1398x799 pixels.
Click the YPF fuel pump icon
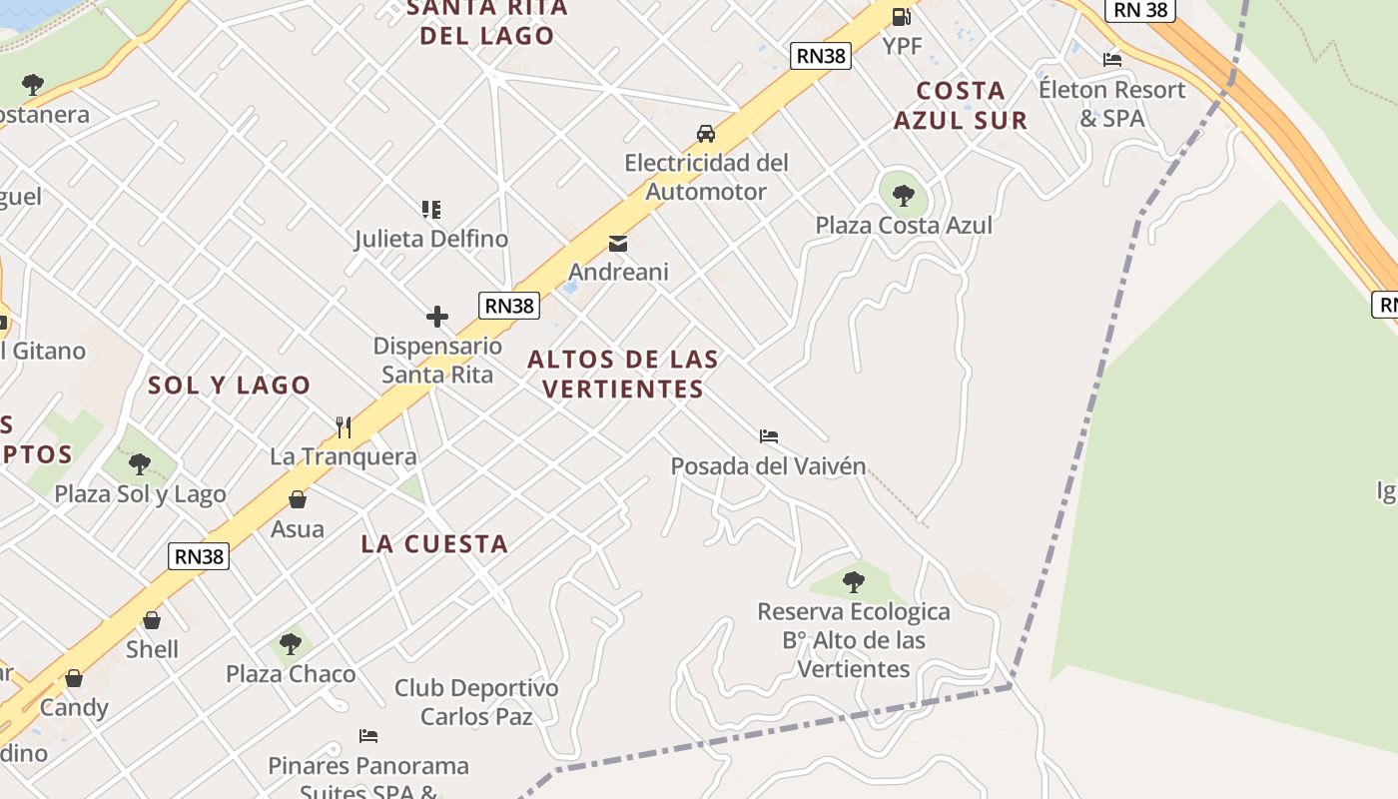(x=901, y=16)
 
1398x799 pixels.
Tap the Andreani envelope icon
(x=618, y=243)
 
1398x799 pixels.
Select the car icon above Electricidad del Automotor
(x=706, y=134)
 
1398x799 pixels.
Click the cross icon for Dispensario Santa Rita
(x=437, y=318)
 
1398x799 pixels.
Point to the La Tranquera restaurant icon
(x=344, y=427)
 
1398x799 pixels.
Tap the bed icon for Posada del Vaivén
(x=769, y=436)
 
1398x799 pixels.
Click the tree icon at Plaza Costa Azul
(x=904, y=195)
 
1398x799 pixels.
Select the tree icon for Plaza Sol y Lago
(x=140, y=464)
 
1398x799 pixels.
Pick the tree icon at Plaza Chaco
(x=291, y=644)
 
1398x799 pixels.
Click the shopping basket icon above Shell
(x=152, y=620)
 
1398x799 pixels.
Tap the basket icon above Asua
(x=298, y=499)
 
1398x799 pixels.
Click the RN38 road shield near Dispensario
(x=509, y=306)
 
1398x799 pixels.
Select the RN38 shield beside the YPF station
(x=821, y=56)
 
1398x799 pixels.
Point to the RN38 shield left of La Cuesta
(x=200, y=556)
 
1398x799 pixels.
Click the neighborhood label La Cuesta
(x=434, y=544)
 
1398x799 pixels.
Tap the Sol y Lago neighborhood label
(x=230, y=386)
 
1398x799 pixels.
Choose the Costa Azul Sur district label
(x=961, y=105)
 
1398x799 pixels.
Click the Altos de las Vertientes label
(x=623, y=374)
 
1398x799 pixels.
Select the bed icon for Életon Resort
(x=1112, y=59)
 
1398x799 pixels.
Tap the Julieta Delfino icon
(x=431, y=210)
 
